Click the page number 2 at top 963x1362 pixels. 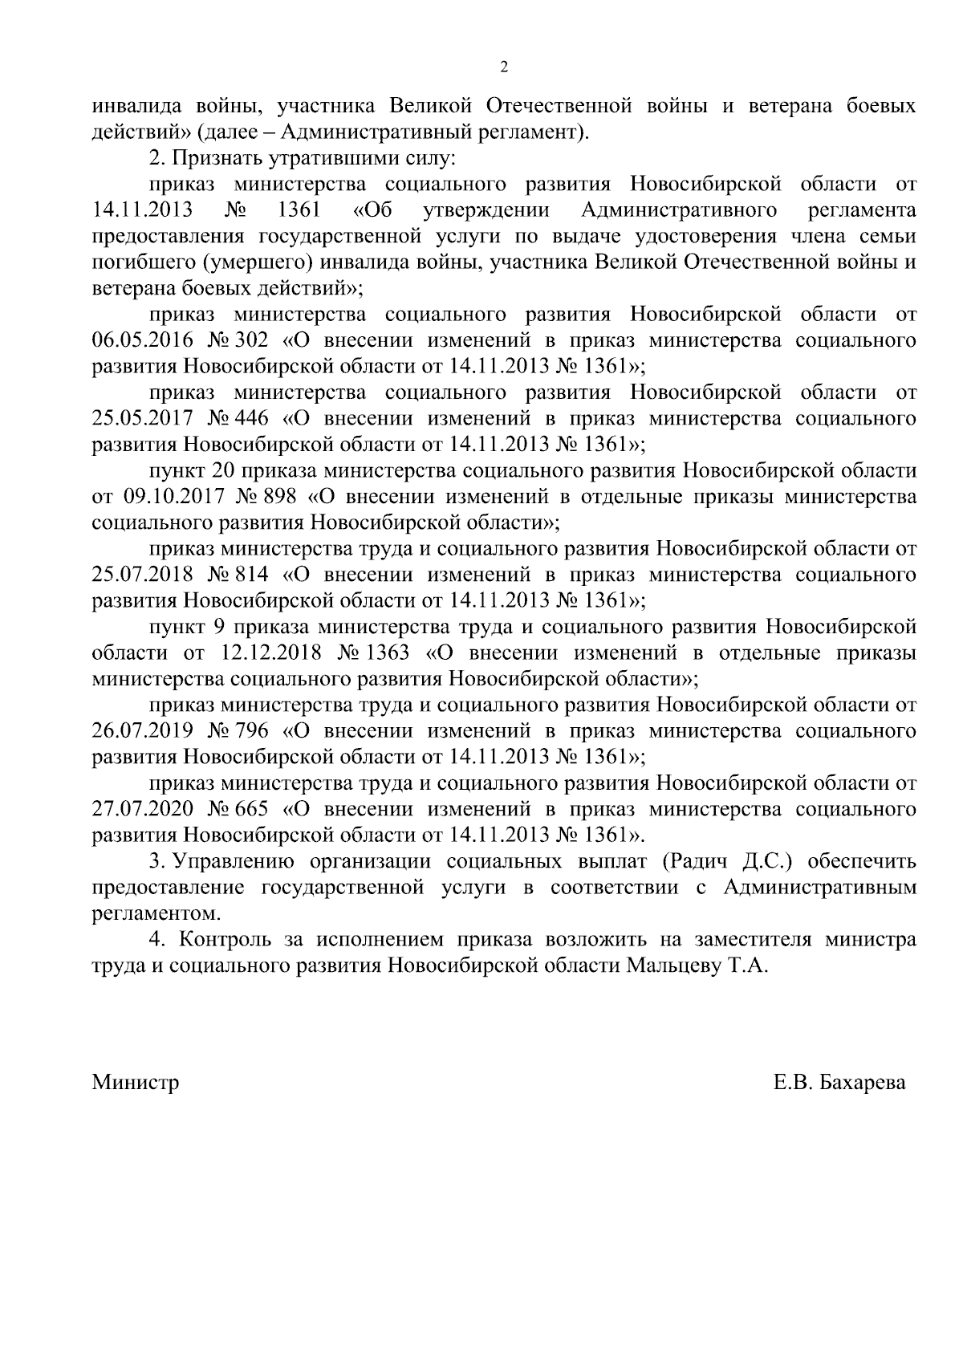point(504,67)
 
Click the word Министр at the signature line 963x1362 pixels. point(136,1083)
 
